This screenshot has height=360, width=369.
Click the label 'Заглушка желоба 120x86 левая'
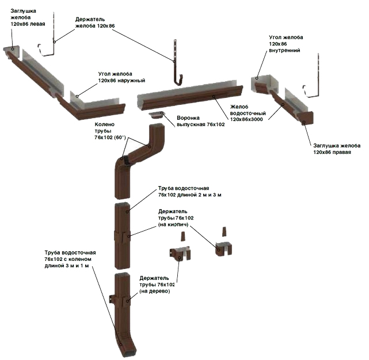pyautogui.click(x=28, y=17)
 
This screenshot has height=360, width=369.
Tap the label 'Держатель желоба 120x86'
pyautogui.click(x=95, y=22)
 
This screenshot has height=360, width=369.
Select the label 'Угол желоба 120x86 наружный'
pyautogui.click(x=121, y=77)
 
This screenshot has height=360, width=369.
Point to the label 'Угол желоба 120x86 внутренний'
pyautogui.click(x=286, y=44)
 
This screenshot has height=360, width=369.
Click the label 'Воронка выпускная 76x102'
pyautogui.click(x=201, y=121)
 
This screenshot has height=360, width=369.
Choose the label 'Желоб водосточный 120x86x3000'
pyautogui.click(x=248, y=113)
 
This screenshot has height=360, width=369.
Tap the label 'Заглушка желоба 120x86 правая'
pyautogui.click(x=337, y=149)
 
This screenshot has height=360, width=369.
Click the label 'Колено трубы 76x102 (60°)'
pyautogui.click(x=110, y=131)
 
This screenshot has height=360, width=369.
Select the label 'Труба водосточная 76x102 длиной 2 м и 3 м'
pyautogui.click(x=189, y=191)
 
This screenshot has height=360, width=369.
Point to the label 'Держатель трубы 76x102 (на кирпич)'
pyautogui.click(x=176, y=218)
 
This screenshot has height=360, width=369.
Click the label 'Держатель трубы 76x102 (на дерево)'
pyautogui.click(x=157, y=285)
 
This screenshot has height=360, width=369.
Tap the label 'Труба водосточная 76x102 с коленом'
pyautogui.click(x=70, y=259)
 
